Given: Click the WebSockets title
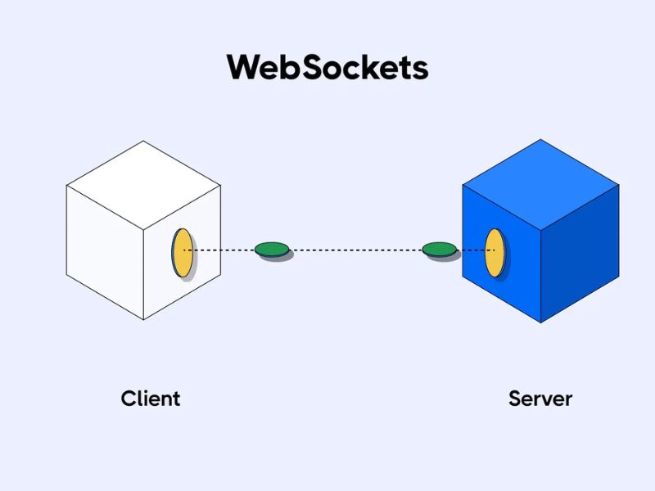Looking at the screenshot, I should [327, 67].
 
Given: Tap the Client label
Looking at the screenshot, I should [151, 399].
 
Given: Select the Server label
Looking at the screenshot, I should [540, 399].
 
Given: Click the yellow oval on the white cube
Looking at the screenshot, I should [182, 252].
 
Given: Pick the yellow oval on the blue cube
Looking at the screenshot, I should [494, 253].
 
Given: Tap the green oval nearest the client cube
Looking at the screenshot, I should [271, 249].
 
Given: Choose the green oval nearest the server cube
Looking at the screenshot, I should [439, 249].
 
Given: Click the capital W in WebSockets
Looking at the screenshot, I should [242, 67].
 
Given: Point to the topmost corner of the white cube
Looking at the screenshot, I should [144, 141].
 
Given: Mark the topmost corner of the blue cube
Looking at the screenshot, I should [540, 139].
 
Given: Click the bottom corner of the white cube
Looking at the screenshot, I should [145, 320].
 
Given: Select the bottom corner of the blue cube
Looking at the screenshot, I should [541, 322].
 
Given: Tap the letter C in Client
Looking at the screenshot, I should [129, 399].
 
